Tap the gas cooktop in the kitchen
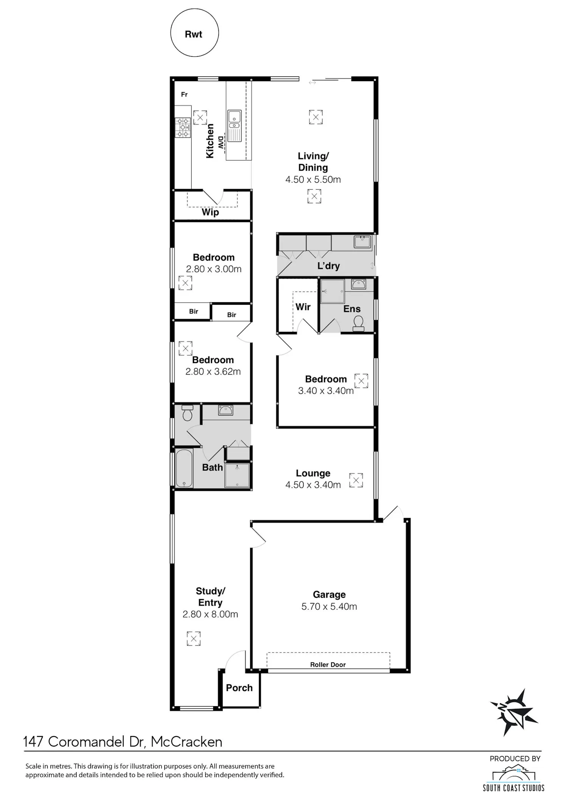(183, 128)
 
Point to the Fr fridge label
(184, 94)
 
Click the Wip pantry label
(210, 212)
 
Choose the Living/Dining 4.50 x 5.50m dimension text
(313, 179)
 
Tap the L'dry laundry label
(328, 266)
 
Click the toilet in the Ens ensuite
(358, 324)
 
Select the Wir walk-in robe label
(303, 307)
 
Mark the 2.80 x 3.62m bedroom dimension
(213, 372)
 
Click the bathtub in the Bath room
(184, 468)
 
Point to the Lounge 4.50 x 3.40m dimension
(313, 485)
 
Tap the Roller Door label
(328, 665)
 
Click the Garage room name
(329, 595)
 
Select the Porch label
(239, 688)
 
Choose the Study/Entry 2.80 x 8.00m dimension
(210, 614)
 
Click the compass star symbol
(514, 712)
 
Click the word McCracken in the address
(186, 742)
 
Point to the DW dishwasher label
(221, 142)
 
